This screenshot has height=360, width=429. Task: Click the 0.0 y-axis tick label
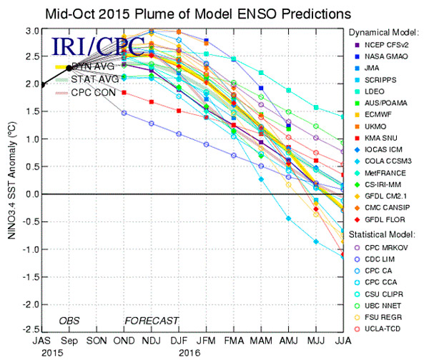[29, 194]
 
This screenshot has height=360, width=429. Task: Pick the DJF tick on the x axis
[179, 341]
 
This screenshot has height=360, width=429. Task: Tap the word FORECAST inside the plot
[152, 320]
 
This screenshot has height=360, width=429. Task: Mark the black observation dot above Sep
[69, 68]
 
